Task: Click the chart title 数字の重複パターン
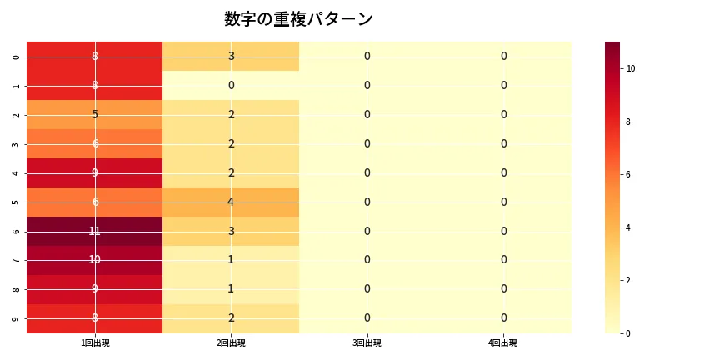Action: point(298,19)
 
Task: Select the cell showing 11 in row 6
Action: point(95,231)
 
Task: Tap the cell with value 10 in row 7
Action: point(95,260)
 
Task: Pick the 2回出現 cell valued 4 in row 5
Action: point(231,202)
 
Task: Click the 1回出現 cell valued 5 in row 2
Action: point(95,114)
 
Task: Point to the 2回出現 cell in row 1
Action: point(231,85)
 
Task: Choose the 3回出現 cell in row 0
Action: point(367,56)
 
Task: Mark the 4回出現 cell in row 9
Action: point(503,318)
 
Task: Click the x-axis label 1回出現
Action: point(95,342)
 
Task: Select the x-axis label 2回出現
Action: point(231,342)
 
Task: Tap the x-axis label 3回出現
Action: point(367,342)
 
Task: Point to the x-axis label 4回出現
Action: point(503,342)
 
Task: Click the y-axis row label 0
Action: point(17,56)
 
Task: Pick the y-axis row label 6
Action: point(17,231)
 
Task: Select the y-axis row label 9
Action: point(17,318)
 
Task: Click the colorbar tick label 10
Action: point(631,68)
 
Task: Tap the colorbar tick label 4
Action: point(629,227)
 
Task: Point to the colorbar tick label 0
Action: point(629,333)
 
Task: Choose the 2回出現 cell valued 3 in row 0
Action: point(231,56)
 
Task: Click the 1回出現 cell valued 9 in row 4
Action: point(95,172)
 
